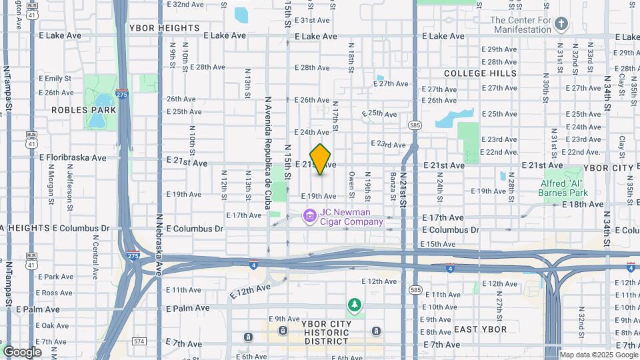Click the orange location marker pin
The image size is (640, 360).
tap(321, 159)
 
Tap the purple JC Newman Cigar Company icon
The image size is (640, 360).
tap(309, 217)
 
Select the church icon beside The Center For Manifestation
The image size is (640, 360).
tap(561, 25)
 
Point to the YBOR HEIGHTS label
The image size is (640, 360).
tap(164, 28)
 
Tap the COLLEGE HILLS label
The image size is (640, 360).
tap(480, 73)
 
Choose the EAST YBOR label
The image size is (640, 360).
tap(480, 329)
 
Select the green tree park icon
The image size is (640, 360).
tap(355, 305)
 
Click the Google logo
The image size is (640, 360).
tap(22, 351)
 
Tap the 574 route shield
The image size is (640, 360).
tap(139, 341)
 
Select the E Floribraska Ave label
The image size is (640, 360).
tap(73, 158)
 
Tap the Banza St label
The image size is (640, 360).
tap(393, 184)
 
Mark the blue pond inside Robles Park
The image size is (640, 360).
tap(98, 121)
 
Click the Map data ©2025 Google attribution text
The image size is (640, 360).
tap(598, 355)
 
